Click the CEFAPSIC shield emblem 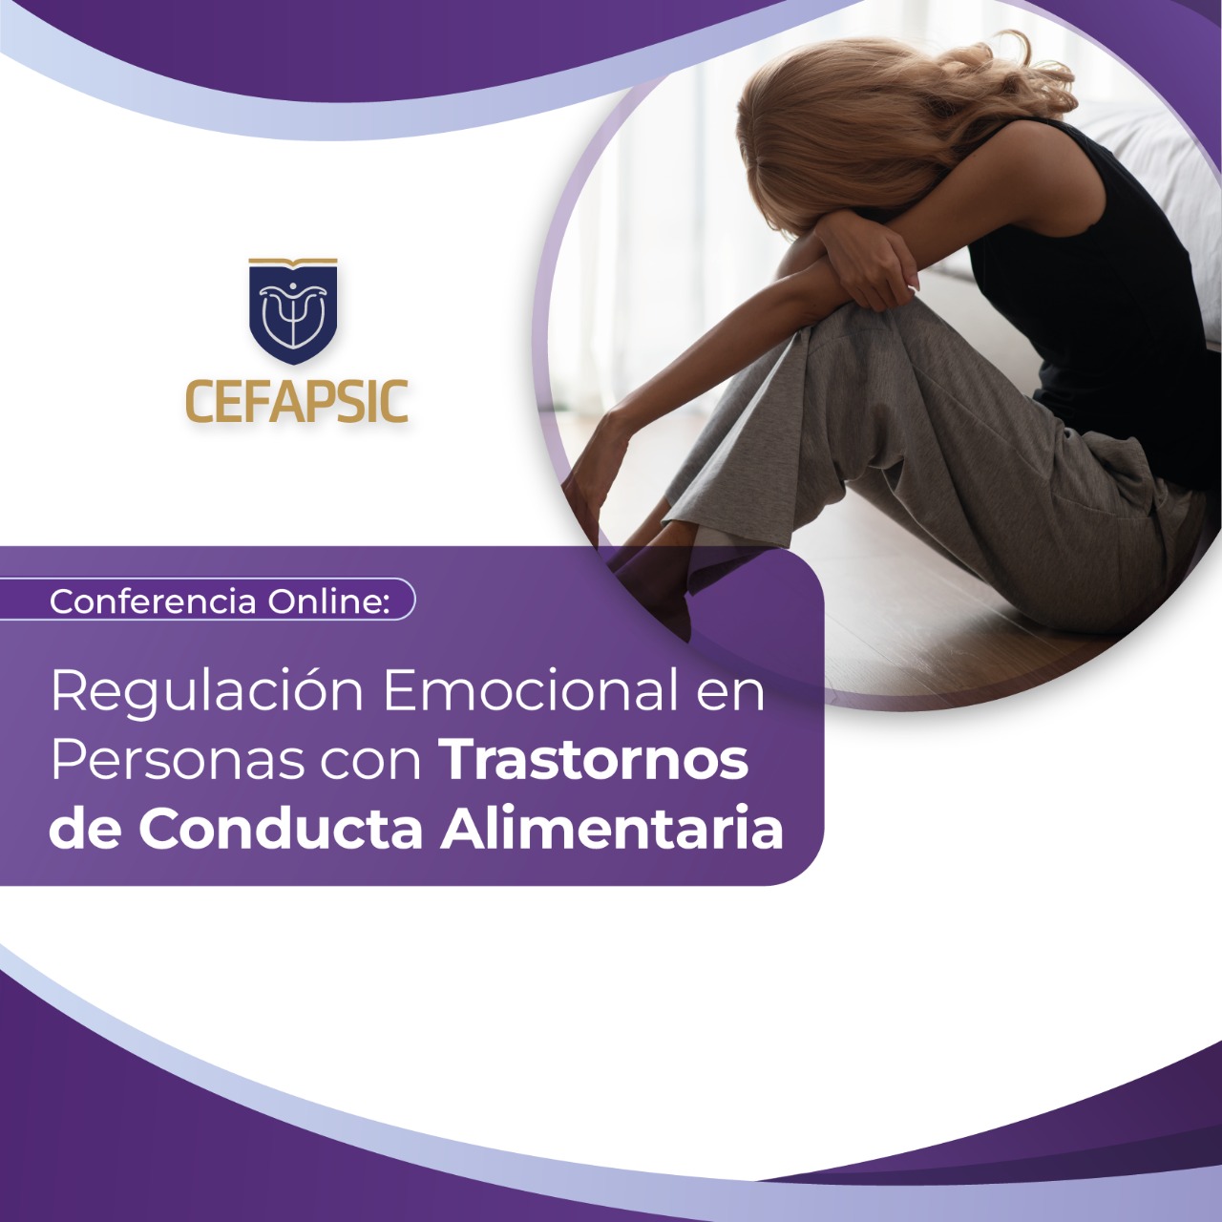292,311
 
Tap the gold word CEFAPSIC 296,401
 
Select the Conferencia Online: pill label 207,600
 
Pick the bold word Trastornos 596,762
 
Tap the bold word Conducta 281,829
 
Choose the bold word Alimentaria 612,829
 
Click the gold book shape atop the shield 292,263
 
